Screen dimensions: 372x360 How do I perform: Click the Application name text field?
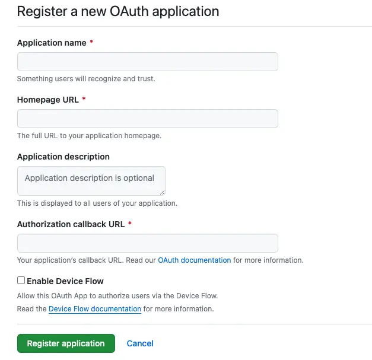pos(148,62)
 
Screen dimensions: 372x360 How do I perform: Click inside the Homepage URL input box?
pos(148,119)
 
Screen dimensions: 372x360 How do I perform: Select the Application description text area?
pos(91,181)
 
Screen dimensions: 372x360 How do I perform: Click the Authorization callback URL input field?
pos(148,243)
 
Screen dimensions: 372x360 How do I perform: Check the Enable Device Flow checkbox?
pos(21,281)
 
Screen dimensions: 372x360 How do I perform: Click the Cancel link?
pos(140,343)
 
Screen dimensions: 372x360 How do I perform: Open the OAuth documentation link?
pos(194,260)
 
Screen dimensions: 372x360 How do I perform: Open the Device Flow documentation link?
pos(95,309)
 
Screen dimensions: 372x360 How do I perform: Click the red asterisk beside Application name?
pos(91,42)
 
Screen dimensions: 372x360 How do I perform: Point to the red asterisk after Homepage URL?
pos(84,99)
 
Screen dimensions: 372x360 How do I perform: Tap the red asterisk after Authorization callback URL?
pos(130,224)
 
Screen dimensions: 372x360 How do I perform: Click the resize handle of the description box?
pos(163,192)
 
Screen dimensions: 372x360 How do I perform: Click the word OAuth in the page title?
pos(129,11)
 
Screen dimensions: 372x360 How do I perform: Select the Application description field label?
pos(63,157)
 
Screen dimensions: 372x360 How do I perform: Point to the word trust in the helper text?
pos(146,78)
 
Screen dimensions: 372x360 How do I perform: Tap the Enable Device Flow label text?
pos(65,281)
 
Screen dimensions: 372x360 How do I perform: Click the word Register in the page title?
pos(42,12)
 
